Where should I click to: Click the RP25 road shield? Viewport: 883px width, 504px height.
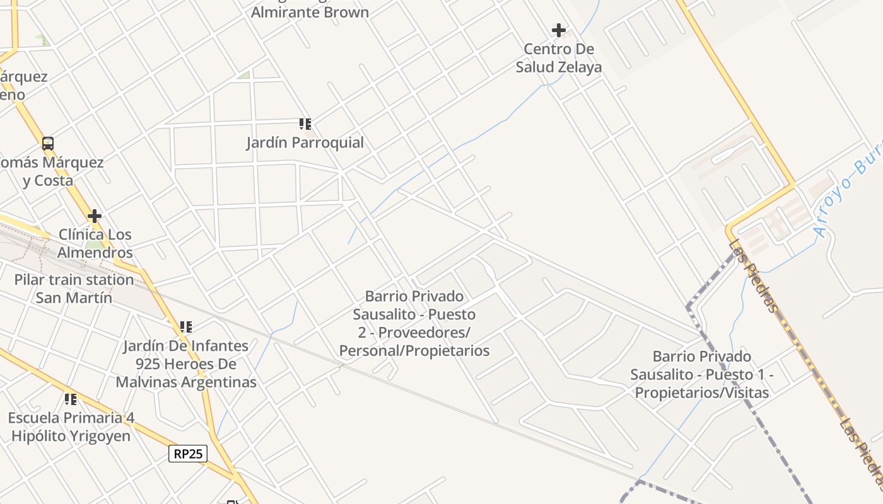point(188,453)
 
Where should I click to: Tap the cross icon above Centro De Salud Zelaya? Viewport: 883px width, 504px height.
point(558,30)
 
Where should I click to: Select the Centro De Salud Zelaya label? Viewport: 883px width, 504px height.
point(559,58)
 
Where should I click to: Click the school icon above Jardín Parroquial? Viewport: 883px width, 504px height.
point(305,123)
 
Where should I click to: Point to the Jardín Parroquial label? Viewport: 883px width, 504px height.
point(305,142)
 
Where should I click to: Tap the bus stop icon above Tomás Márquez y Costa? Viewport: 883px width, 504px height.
point(48,143)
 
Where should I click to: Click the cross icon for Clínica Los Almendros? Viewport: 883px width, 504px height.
point(95,216)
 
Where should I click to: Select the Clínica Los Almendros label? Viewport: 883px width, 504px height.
point(95,243)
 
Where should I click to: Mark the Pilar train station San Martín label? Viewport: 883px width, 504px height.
point(74,289)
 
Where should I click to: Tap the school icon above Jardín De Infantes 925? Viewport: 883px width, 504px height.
point(185,326)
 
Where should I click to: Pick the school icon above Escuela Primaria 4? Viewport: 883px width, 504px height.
point(71,399)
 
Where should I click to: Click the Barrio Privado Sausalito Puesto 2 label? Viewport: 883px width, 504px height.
point(414,323)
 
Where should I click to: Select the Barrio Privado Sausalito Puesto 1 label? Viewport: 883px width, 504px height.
point(702,374)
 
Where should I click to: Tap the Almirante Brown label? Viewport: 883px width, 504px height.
point(310,12)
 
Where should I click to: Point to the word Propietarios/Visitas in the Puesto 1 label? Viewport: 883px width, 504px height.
point(702,392)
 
